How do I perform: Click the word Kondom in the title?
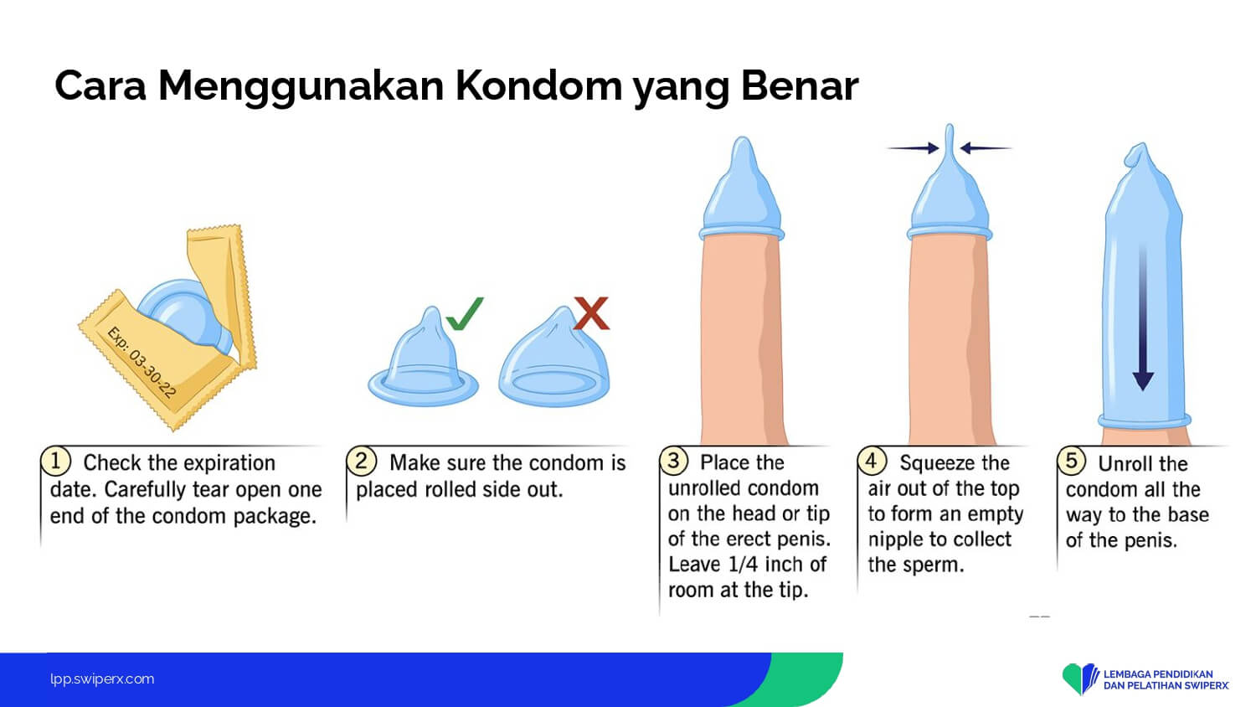tap(538, 85)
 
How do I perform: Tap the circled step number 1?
tap(55, 462)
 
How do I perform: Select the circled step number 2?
tap(361, 462)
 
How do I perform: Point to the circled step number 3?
tap(673, 461)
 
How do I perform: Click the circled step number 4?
tap(872, 461)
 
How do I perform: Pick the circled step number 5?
tap(1072, 461)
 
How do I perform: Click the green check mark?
tap(465, 313)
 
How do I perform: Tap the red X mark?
tap(591, 313)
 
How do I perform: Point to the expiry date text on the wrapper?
tap(142, 362)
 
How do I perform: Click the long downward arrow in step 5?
tap(1143, 317)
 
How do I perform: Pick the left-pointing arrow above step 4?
tap(986, 148)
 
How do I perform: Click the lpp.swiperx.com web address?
tap(102, 679)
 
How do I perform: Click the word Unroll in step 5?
tap(1126, 464)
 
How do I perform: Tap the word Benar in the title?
tap(800, 85)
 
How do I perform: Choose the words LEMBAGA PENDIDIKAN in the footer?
tap(1158, 673)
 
